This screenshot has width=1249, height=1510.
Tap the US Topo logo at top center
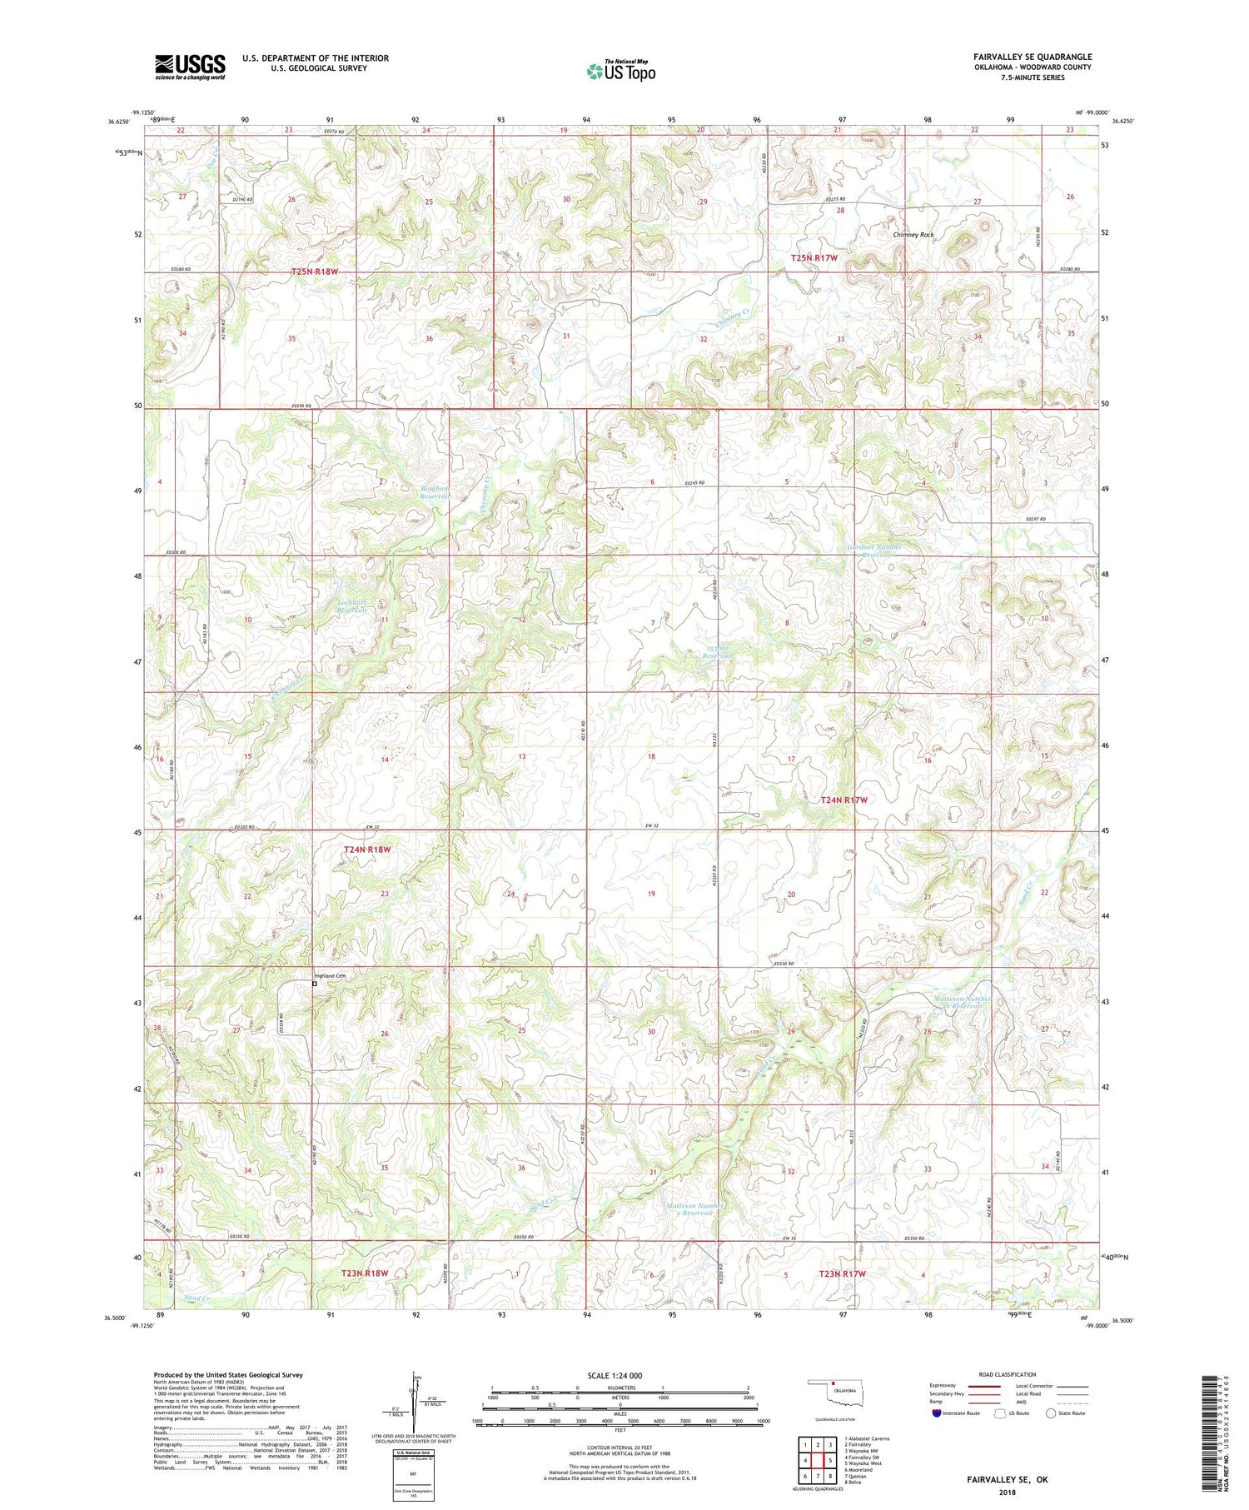(620, 71)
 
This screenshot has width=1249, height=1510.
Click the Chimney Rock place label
(913, 235)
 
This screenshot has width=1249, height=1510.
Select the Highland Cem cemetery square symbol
(315, 984)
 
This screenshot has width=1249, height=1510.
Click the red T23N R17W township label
(842, 1273)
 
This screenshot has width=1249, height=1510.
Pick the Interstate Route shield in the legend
(937, 1413)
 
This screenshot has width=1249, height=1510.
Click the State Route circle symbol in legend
(1051, 1413)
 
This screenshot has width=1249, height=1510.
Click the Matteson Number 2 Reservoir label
(690, 1209)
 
